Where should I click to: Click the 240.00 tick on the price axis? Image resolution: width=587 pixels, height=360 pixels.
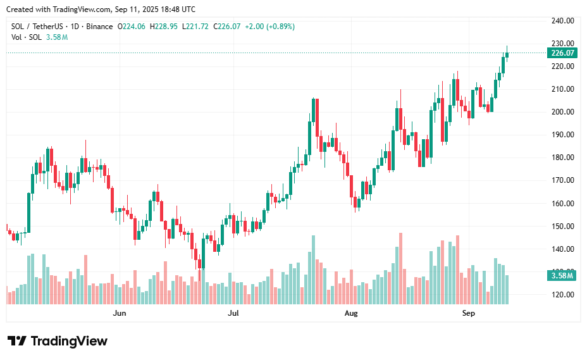[562, 21]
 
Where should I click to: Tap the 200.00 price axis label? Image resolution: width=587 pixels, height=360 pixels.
[562, 112]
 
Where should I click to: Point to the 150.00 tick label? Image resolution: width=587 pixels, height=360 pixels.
[562, 227]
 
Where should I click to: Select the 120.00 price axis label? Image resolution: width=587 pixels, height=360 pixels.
[562, 295]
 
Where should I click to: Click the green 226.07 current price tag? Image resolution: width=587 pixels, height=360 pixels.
[562, 53]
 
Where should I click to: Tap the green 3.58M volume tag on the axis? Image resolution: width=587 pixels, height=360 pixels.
[562, 275]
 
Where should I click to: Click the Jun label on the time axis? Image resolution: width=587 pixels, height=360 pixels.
[119, 313]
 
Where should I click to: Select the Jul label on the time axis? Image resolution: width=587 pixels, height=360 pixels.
[233, 313]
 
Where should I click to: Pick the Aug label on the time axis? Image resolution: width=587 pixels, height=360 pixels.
[351, 313]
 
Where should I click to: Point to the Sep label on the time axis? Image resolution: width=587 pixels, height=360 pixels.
[468, 313]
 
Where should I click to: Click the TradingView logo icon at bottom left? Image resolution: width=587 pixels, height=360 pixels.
[16, 341]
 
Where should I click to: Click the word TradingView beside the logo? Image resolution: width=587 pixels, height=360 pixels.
[69, 341]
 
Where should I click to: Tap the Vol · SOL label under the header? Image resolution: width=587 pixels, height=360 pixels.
[27, 37]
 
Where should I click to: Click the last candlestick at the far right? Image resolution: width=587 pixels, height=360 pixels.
[507, 54]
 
